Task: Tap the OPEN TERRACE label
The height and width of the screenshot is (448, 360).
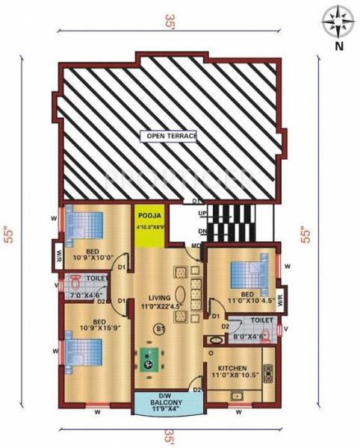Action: pyautogui.click(x=173, y=137)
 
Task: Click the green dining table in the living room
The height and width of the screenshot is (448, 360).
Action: pyautogui.click(x=148, y=361)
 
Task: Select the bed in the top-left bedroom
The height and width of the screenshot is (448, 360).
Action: pyautogui.click(x=83, y=225)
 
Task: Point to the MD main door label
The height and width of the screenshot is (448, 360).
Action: pyautogui.click(x=196, y=246)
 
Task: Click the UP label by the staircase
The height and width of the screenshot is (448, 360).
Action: pyautogui.click(x=202, y=214)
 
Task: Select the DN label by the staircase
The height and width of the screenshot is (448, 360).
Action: pyautogui.click(x=202, y=231)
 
